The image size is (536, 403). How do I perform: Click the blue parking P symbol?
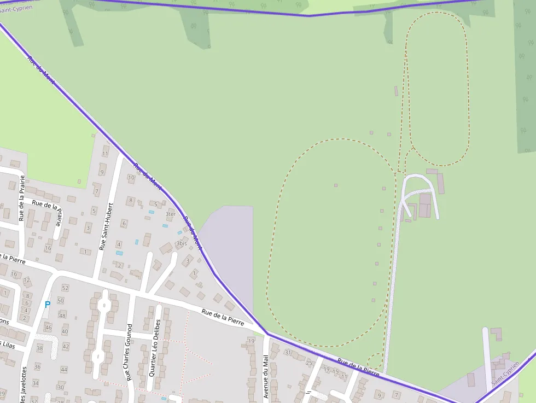click(x=48, y=305)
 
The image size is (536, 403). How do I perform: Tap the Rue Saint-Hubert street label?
click(x=106, y=226)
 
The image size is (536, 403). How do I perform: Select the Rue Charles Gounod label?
click(x=129, y=352)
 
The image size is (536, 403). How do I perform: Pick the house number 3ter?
click(x=171, y=214)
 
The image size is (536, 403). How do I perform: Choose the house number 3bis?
click(x=182, y=244)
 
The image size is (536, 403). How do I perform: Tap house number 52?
click(x=66, y=288)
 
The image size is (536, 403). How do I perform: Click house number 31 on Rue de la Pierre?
click(x=288, y=352)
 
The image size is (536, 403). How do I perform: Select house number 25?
click(x=309, y=363)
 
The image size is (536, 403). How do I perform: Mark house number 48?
click(x=62, y=316)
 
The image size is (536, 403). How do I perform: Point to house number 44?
click(x=64, y=370)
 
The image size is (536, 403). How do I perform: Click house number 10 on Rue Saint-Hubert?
click(x=131, y=178)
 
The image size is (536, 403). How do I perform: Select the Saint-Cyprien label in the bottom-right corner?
click(x=505, y=377)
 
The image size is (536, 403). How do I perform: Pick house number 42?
click(x=66, y=346)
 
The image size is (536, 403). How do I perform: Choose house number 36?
click(x=37, y=366)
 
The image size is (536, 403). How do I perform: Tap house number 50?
click(x=61, y=301)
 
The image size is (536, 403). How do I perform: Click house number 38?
click(x=39, y=348)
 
